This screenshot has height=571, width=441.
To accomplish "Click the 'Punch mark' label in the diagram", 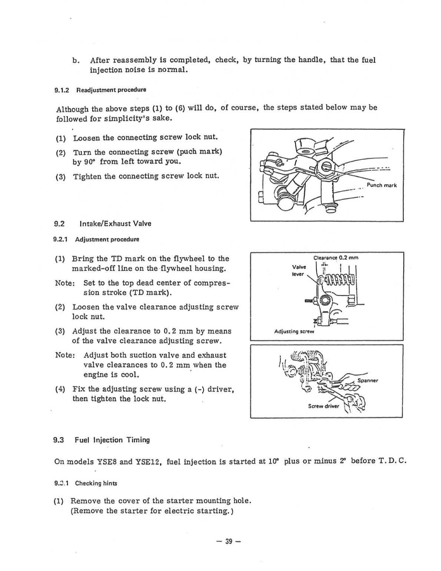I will tap(381, 185).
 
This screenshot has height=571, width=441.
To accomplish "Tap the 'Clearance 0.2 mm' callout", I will tap(336, 258).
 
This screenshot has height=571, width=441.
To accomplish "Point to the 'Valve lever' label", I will tap(299, 270).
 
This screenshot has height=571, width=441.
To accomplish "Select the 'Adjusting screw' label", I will tap(294, 331).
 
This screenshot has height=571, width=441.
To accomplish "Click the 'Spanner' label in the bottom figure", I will tap(368, 380).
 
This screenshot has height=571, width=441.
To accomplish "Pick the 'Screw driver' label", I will tap(323, 406).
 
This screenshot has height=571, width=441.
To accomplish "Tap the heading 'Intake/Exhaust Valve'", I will tap(115, 224).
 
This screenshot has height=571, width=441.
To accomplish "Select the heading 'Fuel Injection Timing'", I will tap(112, 440).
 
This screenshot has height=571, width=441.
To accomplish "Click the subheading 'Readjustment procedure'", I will tap(111, 90).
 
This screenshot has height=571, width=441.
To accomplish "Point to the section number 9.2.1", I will tap(60, 240).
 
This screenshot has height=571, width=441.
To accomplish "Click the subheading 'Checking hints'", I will tap(96, 483).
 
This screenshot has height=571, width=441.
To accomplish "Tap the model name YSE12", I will tap(148, 462).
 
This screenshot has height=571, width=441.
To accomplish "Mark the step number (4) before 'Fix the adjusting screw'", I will tap(60, 389).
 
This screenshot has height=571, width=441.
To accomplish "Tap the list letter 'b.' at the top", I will tap(76, 60).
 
